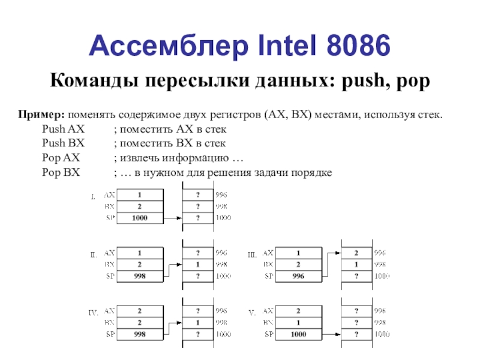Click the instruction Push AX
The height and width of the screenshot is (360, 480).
[x=64, y=129]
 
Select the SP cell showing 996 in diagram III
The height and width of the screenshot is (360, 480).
[x=298, y=277]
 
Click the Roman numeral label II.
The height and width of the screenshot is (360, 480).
[x=94, y=255]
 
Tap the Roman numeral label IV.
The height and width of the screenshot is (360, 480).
[x=94, y=313]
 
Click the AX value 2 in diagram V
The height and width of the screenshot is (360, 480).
[x=298, y=311]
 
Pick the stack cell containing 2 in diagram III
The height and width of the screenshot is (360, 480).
[x=356, y=253]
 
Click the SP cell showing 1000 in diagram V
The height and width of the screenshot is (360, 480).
[x=298, y=334]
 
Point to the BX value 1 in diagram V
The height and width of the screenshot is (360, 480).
[x=298, y=323]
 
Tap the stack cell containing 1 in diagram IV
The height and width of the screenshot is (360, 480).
[x=198, y=323]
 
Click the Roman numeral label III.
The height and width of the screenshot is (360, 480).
[x=252, y=255]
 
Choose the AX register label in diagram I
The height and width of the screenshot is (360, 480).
[x=110, y=195]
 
